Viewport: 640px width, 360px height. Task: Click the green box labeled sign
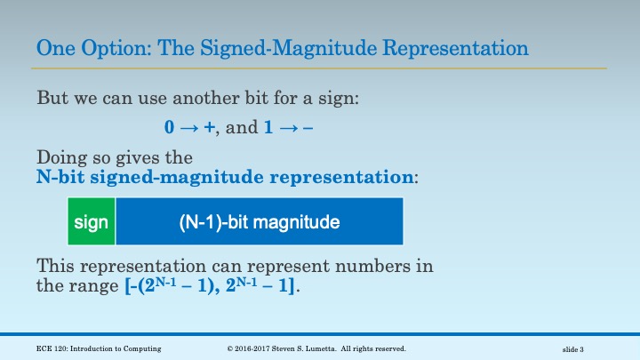[x=91, y=221]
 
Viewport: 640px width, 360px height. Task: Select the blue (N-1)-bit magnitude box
[x=259, y=221]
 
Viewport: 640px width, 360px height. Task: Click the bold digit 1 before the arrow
[x=268, y=127]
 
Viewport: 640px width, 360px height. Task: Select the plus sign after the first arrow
[x=209, y=127]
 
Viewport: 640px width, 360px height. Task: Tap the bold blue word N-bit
[x=59, y=177]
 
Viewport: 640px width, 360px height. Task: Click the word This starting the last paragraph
[x=56, y=266]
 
